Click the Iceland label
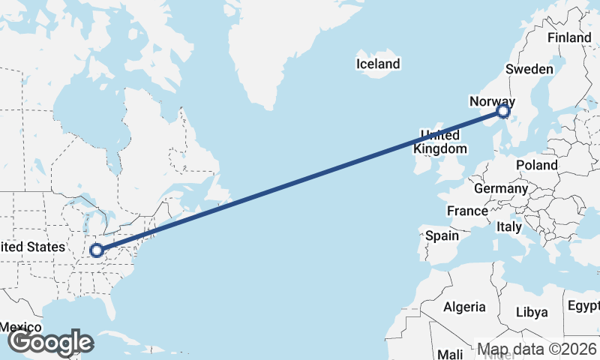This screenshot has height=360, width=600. point(378,64)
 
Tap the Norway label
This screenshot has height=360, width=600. point(492,101)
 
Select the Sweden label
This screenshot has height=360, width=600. point(529,69)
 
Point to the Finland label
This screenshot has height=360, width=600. point(569,37)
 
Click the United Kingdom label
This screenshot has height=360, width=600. point(439,142)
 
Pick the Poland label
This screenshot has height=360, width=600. point(537,165)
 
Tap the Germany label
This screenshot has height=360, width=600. point(501,188)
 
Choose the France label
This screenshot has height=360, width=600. point(467,211)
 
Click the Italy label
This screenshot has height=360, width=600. point(509,226)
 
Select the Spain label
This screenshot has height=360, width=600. point(442,235)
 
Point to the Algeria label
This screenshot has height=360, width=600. point(464,307)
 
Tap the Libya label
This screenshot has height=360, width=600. point(532,311)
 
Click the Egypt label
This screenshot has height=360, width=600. point(583,306)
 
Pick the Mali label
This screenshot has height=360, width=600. point(450,354)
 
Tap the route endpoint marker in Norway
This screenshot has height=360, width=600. point(503,112)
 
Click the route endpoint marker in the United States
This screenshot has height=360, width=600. point(96,250)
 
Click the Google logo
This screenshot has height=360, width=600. point(50,343)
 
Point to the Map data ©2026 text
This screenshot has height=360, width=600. point(538,349)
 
